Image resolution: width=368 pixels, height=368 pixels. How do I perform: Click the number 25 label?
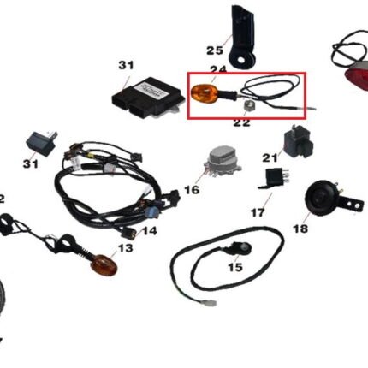pos(215,50)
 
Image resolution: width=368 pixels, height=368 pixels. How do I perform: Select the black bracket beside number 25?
pos(241,37)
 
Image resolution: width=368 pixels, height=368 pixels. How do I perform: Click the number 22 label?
pos(241,122)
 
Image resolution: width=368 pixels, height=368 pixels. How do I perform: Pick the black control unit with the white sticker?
pos(148,97)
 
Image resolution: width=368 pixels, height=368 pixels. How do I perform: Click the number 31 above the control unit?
pos(126,65)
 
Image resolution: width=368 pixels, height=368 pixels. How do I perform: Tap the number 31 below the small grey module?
pos(31,163)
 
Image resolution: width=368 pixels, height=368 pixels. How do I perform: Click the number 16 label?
pos(192,189)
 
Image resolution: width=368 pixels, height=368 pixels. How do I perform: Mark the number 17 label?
pos(258,212)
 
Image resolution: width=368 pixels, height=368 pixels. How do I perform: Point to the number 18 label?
pos(300,229)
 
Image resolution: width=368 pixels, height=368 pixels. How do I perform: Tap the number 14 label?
pos(149,231)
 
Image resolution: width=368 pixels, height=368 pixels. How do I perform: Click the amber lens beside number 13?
pos(104,265)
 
